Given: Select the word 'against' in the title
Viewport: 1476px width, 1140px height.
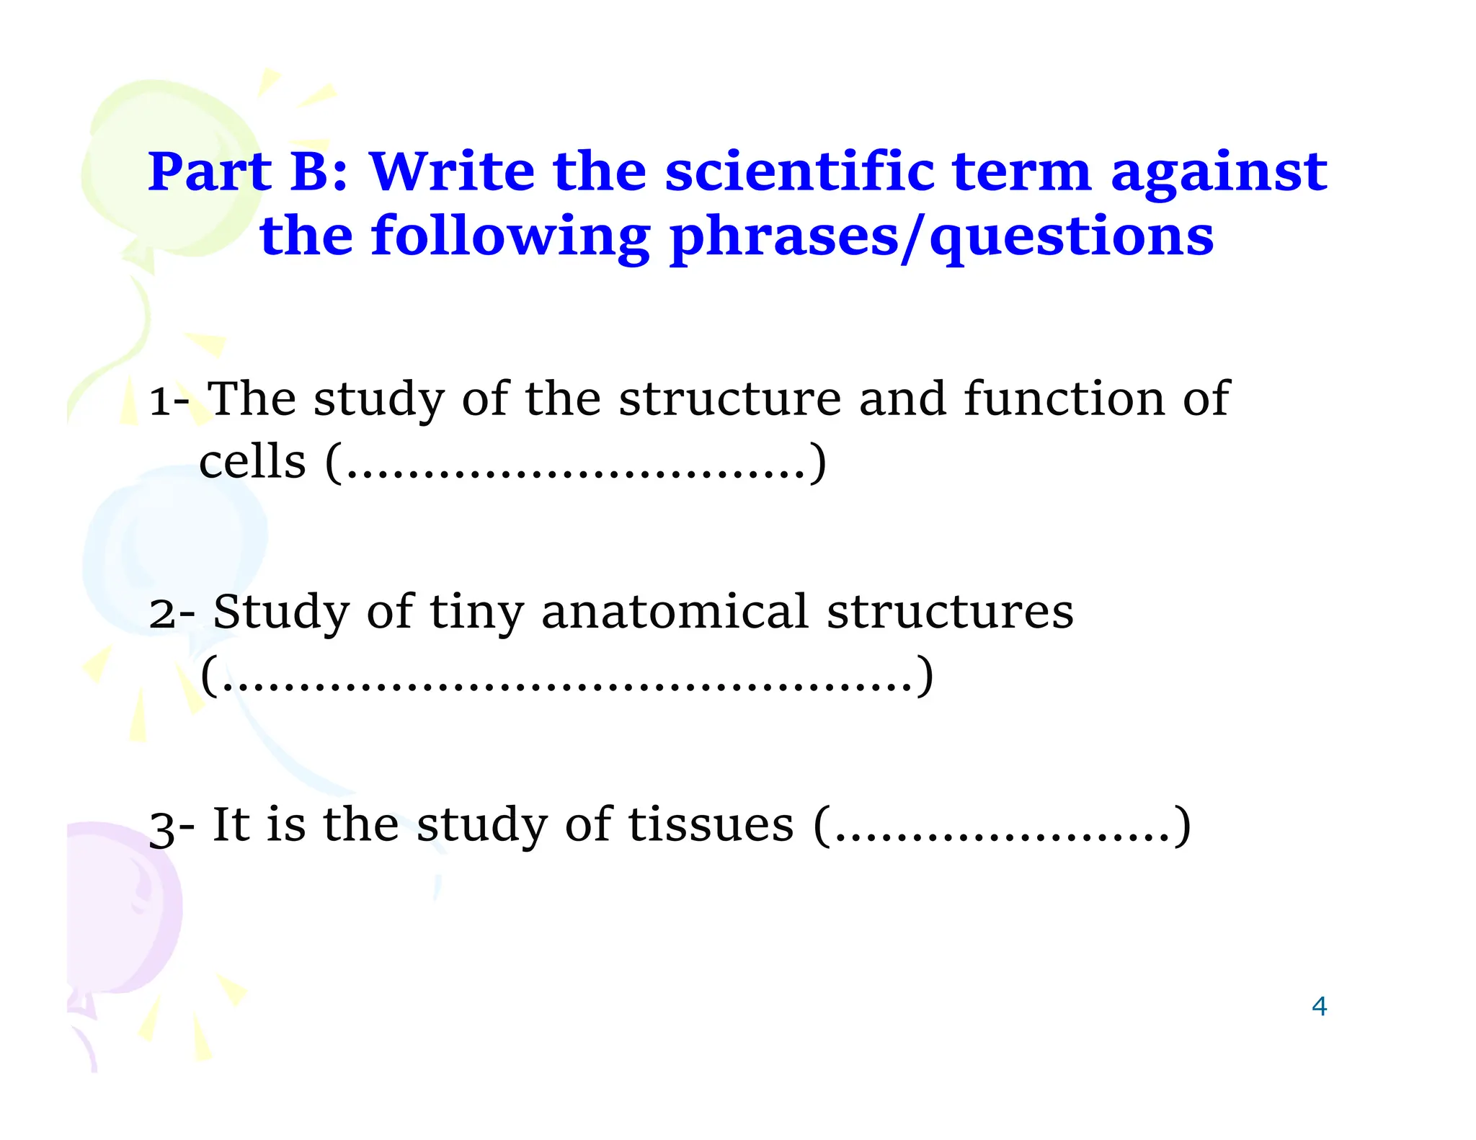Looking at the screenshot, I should click(1218, 172).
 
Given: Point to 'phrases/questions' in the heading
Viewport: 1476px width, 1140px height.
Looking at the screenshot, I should click(941, 237).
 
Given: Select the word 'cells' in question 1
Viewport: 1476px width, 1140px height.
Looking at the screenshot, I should click(252, 462).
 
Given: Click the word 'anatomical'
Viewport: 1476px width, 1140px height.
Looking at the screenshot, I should click(675, 612).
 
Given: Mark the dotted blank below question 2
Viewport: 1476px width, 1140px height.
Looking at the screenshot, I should click(566, 677).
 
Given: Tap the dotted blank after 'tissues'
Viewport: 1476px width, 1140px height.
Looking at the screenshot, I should click(1002, 827).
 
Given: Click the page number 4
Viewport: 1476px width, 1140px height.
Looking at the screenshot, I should click(1319, 1006).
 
